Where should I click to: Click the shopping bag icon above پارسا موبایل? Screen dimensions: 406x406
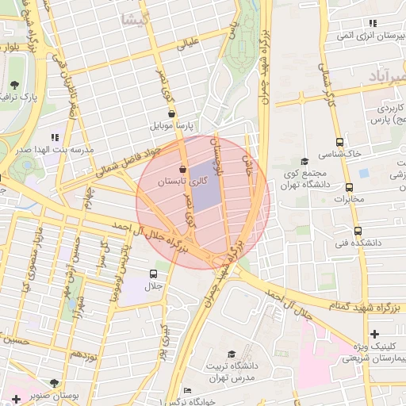(x=172, y=113)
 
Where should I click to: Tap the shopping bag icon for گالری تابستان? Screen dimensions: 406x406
(x=184, y=169)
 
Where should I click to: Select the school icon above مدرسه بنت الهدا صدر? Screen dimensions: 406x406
(x=54, y=137)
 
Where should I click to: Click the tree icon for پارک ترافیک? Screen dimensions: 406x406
(x=14, y=85)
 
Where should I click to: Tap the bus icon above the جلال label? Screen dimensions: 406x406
(x=152, y=274)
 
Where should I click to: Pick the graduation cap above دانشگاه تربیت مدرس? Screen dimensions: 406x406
(x=232, y=354)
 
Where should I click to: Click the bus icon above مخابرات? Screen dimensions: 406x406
(x=349, y=188)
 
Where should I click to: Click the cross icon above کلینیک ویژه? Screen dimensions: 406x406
(x=374, y=334)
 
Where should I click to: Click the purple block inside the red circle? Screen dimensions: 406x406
(x=204, y=186)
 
